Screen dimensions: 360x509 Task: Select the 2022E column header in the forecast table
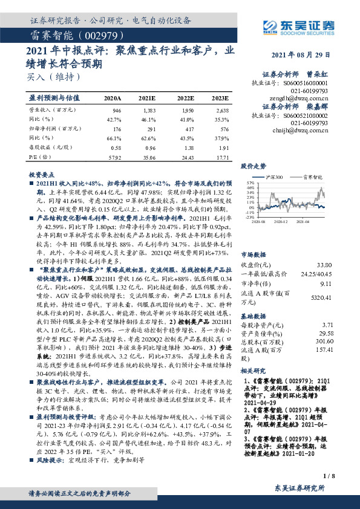pos(185,97)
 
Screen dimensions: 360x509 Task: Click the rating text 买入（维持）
pos(53,77)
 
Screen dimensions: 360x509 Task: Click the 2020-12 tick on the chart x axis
pos(286,222)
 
